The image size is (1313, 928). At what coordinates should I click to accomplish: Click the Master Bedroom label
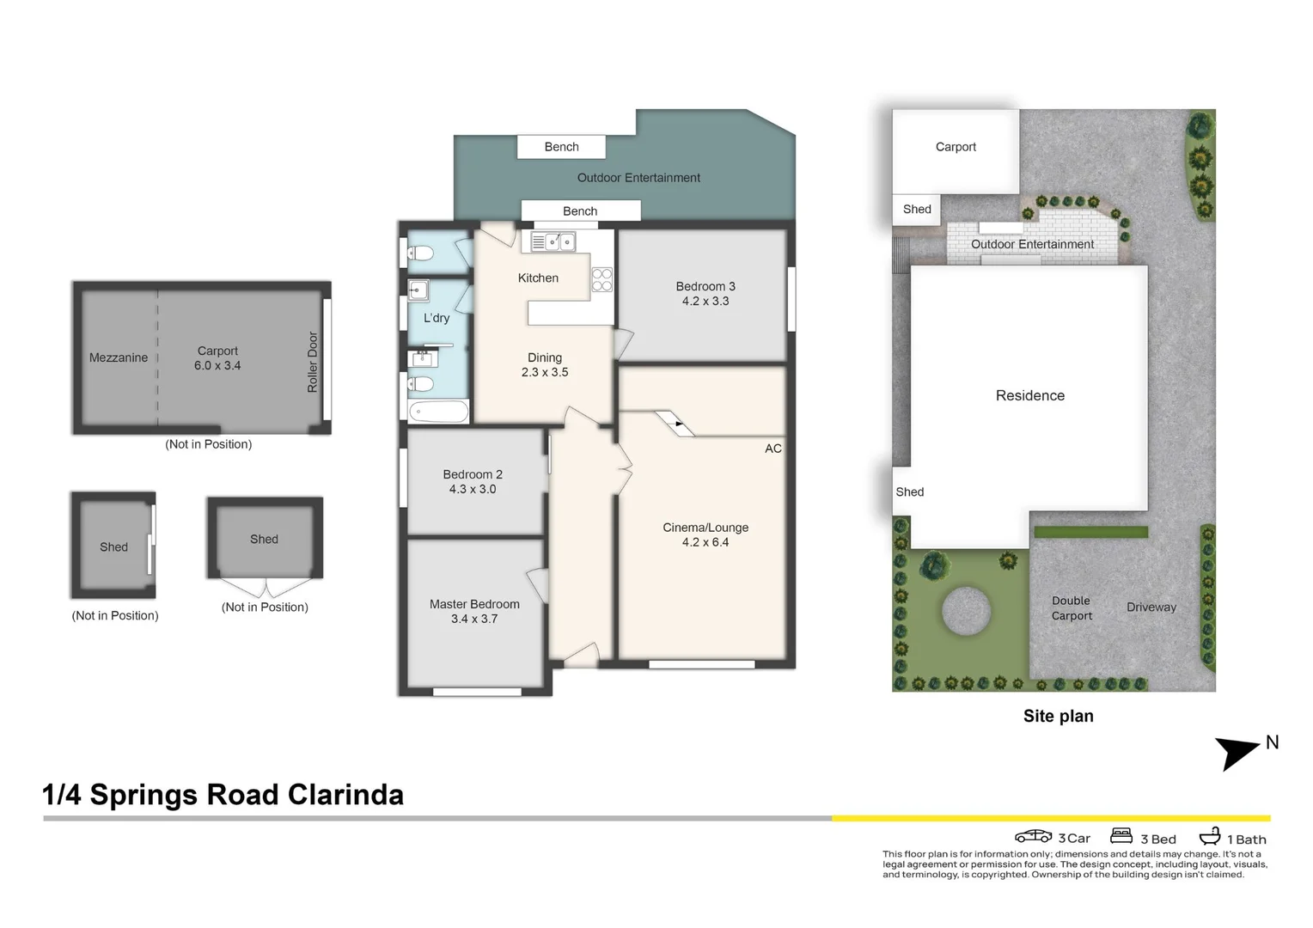point(474,604)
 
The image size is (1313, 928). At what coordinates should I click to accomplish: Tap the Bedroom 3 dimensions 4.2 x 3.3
point(705,302)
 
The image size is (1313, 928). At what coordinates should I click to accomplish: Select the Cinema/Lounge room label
point(705,528)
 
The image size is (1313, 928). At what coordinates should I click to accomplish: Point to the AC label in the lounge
point(773,449)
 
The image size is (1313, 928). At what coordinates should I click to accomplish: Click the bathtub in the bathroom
point(438,412)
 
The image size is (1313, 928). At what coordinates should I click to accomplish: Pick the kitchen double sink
point(553,242)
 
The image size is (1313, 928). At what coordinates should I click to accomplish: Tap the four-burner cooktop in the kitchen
point(602,280)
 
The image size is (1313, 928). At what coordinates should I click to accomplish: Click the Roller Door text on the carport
point(313,362)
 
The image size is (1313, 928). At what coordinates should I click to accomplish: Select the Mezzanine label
point(119,357)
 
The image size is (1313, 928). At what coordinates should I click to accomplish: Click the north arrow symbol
point(1237,752)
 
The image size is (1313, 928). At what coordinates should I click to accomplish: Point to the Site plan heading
point(1058,716)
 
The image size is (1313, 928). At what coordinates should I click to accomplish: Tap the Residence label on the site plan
point(1029,395)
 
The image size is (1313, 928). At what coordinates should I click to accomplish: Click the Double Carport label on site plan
point(1072,608)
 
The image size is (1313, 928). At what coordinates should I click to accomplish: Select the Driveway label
point(1151,607)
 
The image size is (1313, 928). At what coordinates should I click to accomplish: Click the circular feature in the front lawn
point(966,611)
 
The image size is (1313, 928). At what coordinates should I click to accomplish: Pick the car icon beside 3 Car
point(1033,836)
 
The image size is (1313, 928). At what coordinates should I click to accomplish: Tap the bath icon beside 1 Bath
point(1210,836)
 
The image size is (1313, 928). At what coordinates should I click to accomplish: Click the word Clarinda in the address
point(345,795)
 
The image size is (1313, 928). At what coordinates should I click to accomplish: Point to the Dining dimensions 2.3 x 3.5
point(545,372)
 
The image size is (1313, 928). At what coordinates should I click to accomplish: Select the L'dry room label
point(437,318)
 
